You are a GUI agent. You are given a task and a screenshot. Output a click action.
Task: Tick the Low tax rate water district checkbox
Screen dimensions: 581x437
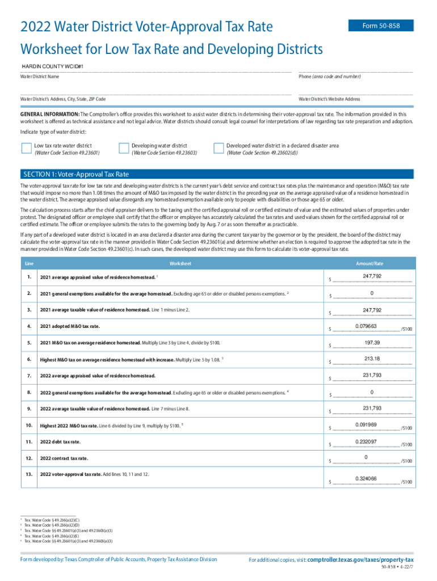click(26, 149)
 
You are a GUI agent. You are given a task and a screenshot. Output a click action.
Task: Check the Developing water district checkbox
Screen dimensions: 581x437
click(124, 149)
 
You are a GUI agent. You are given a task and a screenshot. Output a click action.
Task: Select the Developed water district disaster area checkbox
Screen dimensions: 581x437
click(218, 149)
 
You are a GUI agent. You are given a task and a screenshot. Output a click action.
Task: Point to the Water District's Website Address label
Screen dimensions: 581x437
click(329, 99)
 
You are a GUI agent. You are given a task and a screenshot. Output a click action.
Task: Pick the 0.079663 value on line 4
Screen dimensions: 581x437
click(366, 326)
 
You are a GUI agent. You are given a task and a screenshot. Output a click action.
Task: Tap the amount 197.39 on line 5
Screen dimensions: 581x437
click(372, 342)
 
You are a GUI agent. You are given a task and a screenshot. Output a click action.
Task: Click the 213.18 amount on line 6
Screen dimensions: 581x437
click(372, 359)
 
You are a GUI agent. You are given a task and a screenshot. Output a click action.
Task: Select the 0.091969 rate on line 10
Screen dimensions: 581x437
click(366, 425)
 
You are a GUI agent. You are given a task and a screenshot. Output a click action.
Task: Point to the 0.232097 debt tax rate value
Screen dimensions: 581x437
click(366, 441)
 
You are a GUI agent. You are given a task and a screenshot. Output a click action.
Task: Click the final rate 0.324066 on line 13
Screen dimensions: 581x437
click(366, 478)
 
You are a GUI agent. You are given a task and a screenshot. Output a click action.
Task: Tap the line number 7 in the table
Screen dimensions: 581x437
click(28, 375)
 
